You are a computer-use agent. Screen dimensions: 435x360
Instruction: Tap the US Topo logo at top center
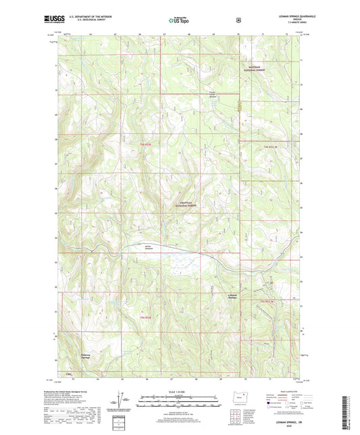(178, 21)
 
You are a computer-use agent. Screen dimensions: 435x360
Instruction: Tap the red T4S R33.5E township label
(270, 145)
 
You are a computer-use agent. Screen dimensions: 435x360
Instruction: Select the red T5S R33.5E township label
(269, 300)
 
